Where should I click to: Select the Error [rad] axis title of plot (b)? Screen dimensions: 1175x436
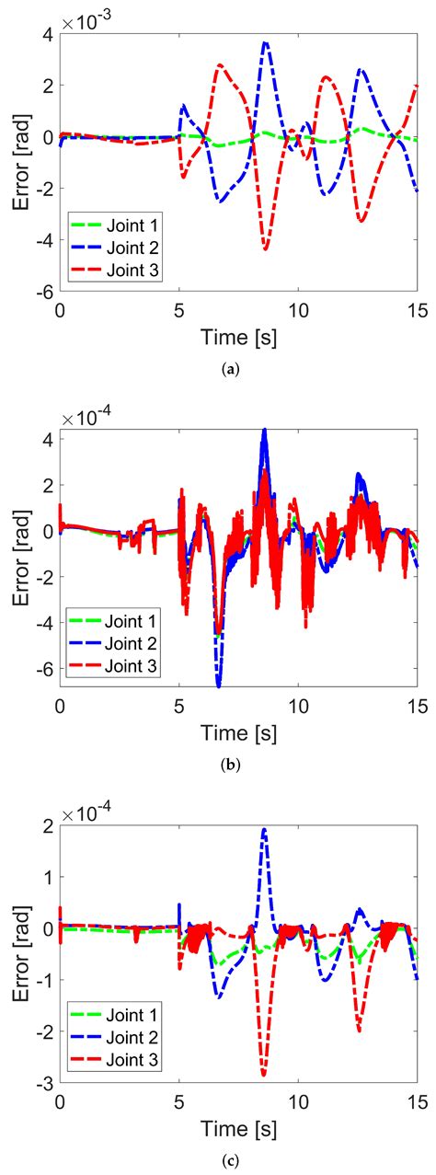(x=20, y=561)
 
